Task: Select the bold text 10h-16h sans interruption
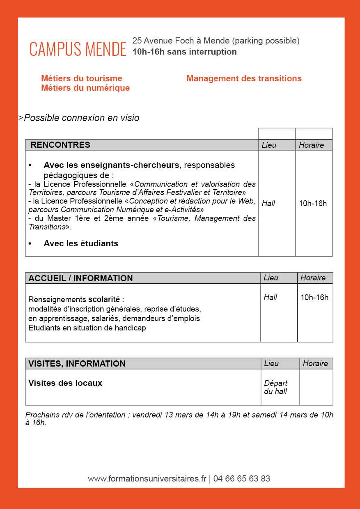184,52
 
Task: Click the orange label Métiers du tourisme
82,78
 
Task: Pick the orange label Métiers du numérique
85,88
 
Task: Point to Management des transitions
244,78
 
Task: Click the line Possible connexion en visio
81,118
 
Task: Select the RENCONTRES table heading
60,144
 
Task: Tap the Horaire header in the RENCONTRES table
311,145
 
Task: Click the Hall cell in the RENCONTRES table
268,203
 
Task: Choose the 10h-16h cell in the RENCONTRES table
313,203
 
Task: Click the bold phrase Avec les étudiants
81,243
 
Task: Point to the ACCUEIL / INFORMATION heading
80,278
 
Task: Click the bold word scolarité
105,299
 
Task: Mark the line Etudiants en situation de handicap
87,328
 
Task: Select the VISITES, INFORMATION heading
77,364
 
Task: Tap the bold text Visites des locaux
65,383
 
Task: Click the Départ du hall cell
276,387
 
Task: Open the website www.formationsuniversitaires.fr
147,479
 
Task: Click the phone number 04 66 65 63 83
242,479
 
